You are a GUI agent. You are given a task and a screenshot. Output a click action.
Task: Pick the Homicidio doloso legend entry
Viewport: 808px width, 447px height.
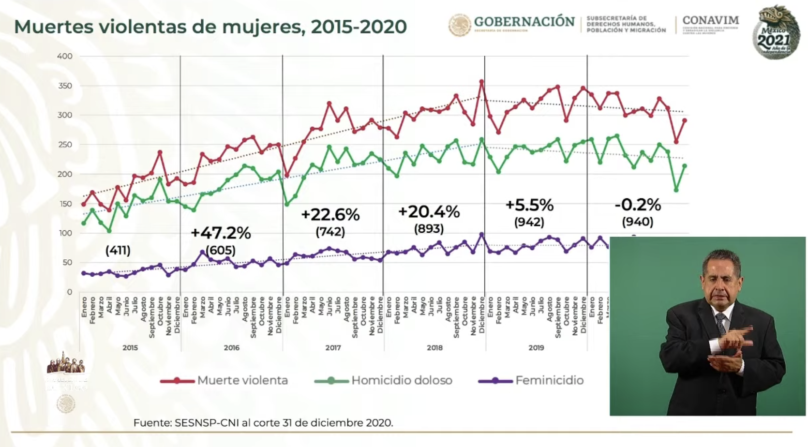coord(383,380)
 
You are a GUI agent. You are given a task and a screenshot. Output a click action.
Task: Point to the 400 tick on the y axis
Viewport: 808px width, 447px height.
coord(65,56)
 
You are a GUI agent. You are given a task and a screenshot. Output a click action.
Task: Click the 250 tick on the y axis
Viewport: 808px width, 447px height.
coord(65,145)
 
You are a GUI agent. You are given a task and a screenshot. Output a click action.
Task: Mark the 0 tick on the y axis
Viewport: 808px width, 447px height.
coord(70,292)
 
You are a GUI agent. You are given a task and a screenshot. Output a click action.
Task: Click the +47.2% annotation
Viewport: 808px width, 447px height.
coord(221,233)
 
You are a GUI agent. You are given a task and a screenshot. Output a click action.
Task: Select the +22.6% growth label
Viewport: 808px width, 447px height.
coord(330,215)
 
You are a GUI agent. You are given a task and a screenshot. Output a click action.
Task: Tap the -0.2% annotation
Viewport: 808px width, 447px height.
coord(638,205)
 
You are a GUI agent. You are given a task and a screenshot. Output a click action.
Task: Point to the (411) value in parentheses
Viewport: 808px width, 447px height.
coord(118,250)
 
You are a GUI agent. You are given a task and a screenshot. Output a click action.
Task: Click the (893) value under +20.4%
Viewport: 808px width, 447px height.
coord(429,228)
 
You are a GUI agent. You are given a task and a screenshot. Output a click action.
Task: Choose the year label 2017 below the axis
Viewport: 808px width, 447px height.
coord(333,347)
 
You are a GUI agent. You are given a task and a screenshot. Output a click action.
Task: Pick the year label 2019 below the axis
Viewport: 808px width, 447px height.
coord(536,347)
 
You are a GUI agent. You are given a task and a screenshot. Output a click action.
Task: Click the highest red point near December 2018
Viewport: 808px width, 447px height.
coord(481,82)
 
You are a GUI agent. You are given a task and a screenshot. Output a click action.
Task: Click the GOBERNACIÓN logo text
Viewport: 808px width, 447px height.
coord(524,22)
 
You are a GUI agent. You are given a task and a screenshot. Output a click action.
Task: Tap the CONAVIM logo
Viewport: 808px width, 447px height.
coord(710,21)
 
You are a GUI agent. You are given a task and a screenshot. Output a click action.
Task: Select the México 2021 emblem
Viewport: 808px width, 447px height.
coord(776,33)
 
